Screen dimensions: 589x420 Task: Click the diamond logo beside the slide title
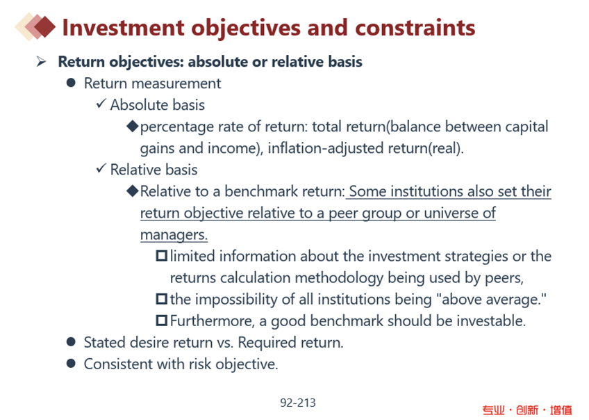coord(35,26)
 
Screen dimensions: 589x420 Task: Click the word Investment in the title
coord(123,28)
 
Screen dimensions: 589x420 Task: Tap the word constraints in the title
coord(415,28)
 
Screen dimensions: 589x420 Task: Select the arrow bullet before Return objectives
coord(41,61)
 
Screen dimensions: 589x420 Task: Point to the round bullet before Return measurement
coord(71,83)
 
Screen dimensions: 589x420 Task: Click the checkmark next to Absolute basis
coord(101,103)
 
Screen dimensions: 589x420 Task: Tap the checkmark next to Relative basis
coord(101,168)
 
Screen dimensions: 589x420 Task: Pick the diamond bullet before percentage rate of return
coord(133,126)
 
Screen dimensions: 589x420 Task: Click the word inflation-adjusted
coord(326,148)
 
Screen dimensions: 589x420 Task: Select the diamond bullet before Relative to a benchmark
coord(133,191)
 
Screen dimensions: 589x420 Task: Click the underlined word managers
coord(174,234)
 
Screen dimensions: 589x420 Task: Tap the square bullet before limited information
coord(162,256)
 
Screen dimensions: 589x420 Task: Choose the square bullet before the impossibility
coord(162,299)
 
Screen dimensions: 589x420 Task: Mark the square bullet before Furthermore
coord(162,321)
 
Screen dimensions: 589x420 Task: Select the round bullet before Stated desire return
coord(71,342)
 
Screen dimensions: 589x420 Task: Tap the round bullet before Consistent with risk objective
coord(71,363)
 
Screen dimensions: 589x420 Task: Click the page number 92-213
coord(298,403)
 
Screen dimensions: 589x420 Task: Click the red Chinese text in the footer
coord(527,410)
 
